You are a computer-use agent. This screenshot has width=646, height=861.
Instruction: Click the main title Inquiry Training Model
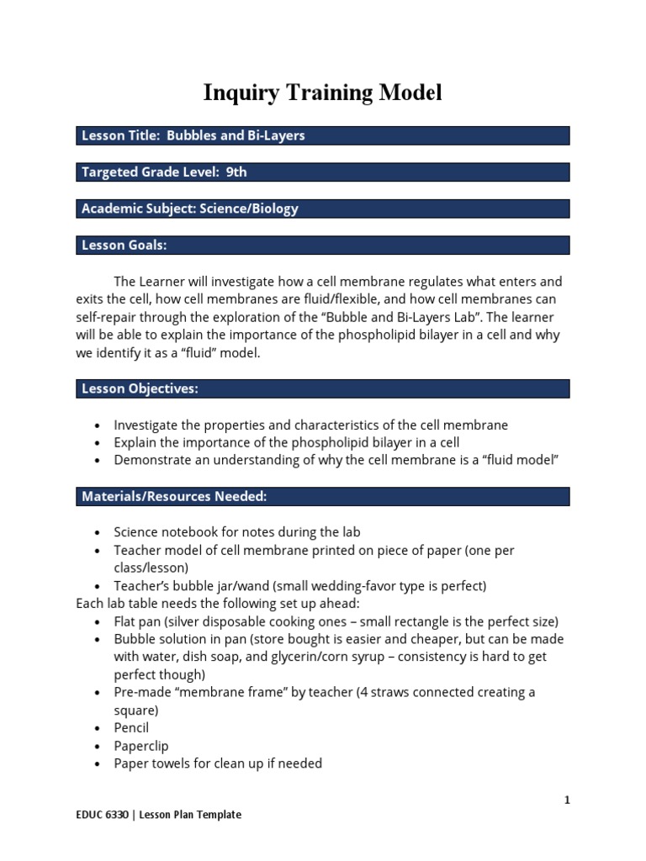click(322, 93)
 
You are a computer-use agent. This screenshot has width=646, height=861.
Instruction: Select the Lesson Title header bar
click(322, 136)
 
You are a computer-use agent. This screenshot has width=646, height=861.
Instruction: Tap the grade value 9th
click(236, 172)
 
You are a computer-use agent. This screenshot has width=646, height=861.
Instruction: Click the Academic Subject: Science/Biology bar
click(322, 209)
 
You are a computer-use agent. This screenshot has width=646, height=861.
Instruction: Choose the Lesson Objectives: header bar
click(322, 388)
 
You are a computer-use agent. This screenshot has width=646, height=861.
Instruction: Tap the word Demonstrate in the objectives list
click(151, 460)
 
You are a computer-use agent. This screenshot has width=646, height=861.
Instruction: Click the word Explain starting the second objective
click(135, 442)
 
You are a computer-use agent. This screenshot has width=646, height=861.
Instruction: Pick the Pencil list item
click(131, 728)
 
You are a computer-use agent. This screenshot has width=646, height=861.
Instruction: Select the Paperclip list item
click(139, 746)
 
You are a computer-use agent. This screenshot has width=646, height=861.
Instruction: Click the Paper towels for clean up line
click(218, 763)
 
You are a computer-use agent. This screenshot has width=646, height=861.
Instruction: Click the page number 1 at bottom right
click(567, 800)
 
